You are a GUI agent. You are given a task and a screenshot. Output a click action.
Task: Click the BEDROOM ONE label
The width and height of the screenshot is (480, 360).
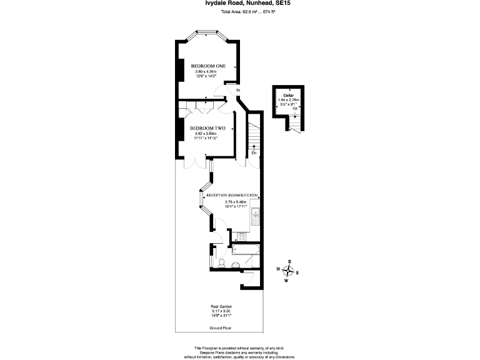208,66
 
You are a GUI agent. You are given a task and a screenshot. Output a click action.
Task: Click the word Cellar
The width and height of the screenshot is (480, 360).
289,95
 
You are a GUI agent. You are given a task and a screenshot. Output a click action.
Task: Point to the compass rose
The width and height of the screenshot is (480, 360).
288,271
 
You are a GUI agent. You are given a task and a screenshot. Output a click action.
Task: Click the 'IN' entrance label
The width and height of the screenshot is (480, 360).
237,91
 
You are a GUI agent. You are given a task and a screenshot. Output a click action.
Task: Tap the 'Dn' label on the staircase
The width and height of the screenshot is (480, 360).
254,152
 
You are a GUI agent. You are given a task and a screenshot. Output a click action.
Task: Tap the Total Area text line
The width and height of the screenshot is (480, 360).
240,12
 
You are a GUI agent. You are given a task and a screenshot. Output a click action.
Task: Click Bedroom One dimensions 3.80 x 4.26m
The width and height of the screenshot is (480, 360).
208,72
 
